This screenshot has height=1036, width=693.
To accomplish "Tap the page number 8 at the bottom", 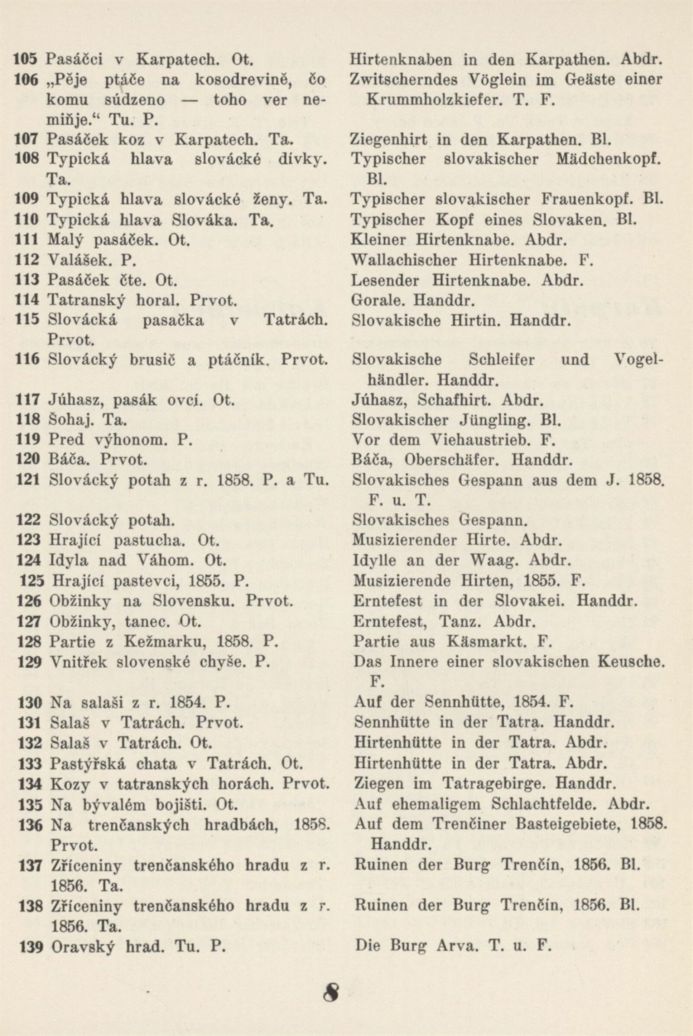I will point(333,986).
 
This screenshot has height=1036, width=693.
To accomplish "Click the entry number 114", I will point(27,300).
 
